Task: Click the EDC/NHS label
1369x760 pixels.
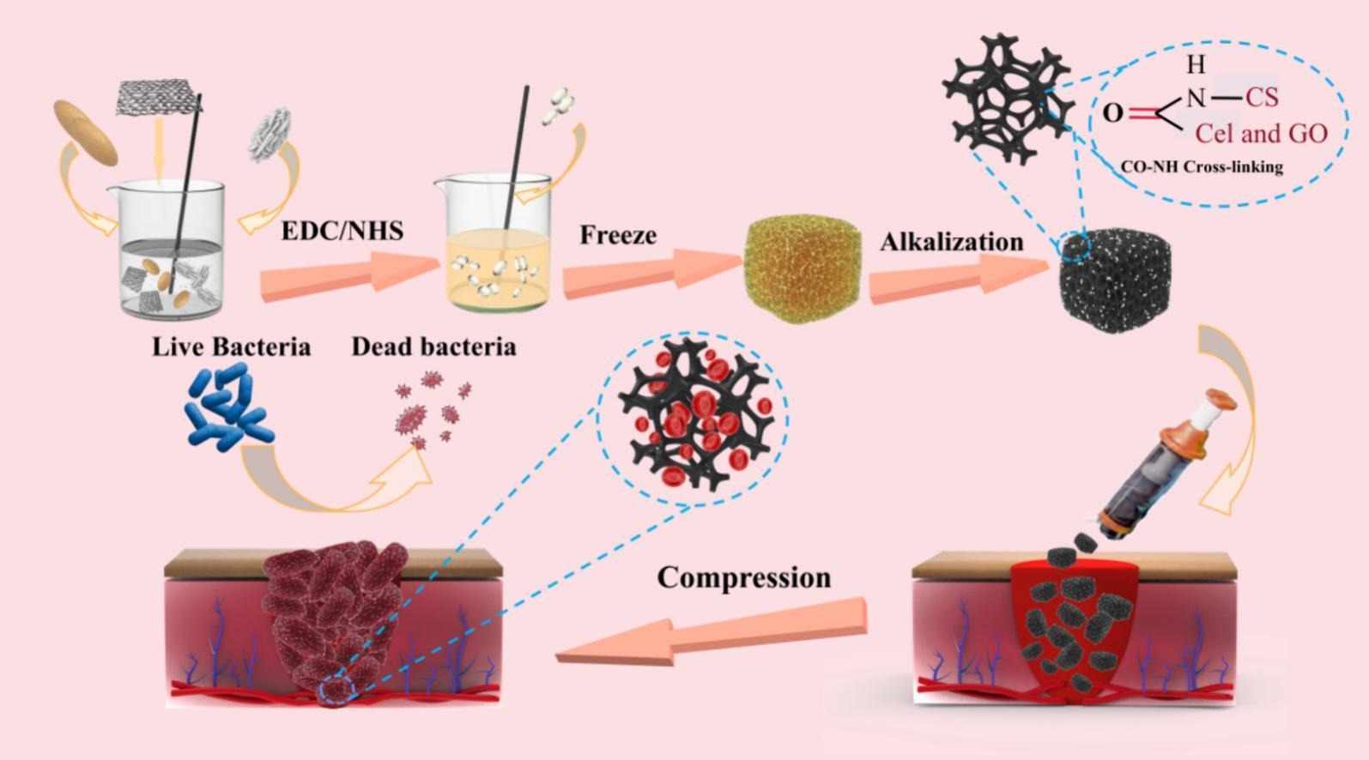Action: tap(342, 231)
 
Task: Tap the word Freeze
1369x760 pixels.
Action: tap(617, 235)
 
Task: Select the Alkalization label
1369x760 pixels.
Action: tap(951, 242)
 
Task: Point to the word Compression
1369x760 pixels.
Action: tap(744, 577)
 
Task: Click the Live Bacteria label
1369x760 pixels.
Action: tap(231, 347)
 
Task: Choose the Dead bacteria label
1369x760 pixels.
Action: tap(433, 347)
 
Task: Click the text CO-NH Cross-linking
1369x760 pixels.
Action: tap(1202, 166)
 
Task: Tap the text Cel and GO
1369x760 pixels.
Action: tap(1261, 133)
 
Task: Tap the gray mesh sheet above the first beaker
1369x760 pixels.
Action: tap(158, 99)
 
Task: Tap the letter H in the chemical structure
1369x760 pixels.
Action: tap(1196, 64)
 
